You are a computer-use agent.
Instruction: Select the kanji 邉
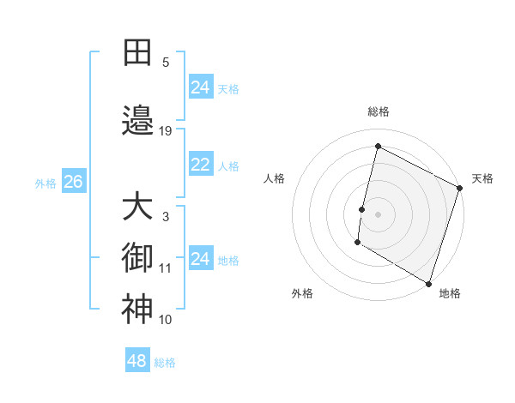pos(137,122)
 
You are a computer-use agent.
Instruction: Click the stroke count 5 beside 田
pos(166,62)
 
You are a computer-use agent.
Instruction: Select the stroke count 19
pos(166,130)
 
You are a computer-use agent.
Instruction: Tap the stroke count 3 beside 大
pos(166,216)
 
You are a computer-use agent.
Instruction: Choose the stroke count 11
pos(166,268)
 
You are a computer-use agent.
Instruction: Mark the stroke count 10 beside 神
pos(166,319)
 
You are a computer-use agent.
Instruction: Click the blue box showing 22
pos(200,165)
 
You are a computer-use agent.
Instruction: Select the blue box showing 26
pos(73,182)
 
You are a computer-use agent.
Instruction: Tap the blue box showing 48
pos(136,361)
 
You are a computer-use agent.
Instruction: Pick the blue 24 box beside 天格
pos(200,87)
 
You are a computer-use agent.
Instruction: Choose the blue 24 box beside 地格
pos(200,259)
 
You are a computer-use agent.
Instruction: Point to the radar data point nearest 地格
pos(427,283)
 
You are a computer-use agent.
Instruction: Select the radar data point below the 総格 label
pos(377,147)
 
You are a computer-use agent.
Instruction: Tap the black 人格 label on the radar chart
pos(275,178)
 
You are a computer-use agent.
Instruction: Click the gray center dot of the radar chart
pos(377,214)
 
